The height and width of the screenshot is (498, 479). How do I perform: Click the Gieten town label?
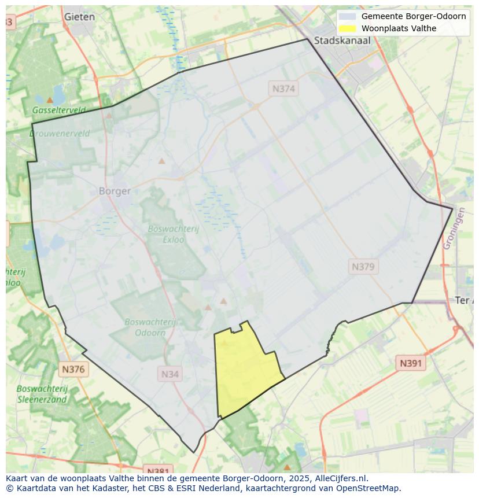coord(79,17)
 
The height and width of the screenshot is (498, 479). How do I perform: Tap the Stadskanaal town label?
coord(342,40)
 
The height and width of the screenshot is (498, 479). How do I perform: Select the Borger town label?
coord(115,191)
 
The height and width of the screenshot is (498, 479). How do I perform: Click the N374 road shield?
coord(283,88)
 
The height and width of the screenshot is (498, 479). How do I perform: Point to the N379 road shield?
coord(363,267)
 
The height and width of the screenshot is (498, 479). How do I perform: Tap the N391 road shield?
coord(411,363)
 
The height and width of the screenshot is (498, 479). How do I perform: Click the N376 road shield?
coord(73,369)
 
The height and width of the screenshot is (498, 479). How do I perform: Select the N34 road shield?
coord(170,374)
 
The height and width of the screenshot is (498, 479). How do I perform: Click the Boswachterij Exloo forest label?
coord(173,233)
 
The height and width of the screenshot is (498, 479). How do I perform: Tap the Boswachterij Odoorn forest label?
coord(150,327)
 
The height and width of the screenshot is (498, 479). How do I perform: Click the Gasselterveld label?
coord(59,110)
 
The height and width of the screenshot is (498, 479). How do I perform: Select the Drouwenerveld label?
coord(60,134)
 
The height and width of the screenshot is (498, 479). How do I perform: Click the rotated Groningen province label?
coord(454,228)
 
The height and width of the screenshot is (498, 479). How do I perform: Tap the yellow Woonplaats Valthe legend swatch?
coord(347,28)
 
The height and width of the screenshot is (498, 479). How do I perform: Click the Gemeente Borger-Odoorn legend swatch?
coord(347,16)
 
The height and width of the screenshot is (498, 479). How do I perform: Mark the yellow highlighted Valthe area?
coord(246,370)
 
